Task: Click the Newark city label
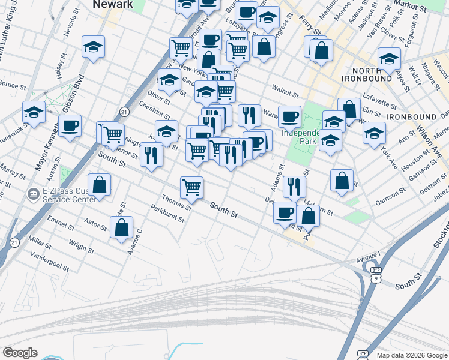(x=112, y=4)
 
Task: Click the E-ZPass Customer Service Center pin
(x=33, y=195)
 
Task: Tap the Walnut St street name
(x=285, y=93)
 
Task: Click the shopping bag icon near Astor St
(x=121, y=227)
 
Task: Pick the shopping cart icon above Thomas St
(x=191, y=187)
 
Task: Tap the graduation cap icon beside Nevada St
(x=94, y=47)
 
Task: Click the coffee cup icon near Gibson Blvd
(x=70, y=127)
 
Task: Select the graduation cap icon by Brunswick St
(x=34, y=112)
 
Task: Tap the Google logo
(x=20, y=353)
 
